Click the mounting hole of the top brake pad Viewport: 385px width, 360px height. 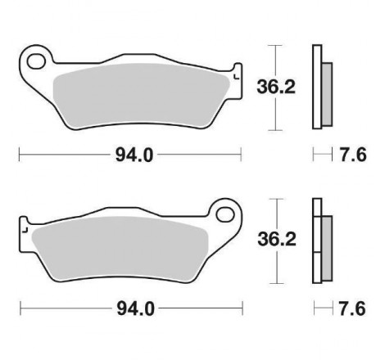(x=36, y=61)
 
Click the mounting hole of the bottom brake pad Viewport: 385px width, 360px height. (x=225, y=214)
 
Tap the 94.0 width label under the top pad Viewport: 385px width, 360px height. (x=134, y=155)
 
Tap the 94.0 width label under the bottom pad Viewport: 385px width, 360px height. (x=135, y=308)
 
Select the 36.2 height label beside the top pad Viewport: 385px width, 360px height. (x=276, y=88)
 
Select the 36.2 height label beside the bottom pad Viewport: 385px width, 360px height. (x=277, y=239)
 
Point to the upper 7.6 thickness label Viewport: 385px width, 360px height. (x=353, y=155)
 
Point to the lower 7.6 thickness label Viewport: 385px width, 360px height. (x=352, y=308)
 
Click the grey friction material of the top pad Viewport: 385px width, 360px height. (x=141, y=96)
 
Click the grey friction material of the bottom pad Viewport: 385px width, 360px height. (x=120, y=249)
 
